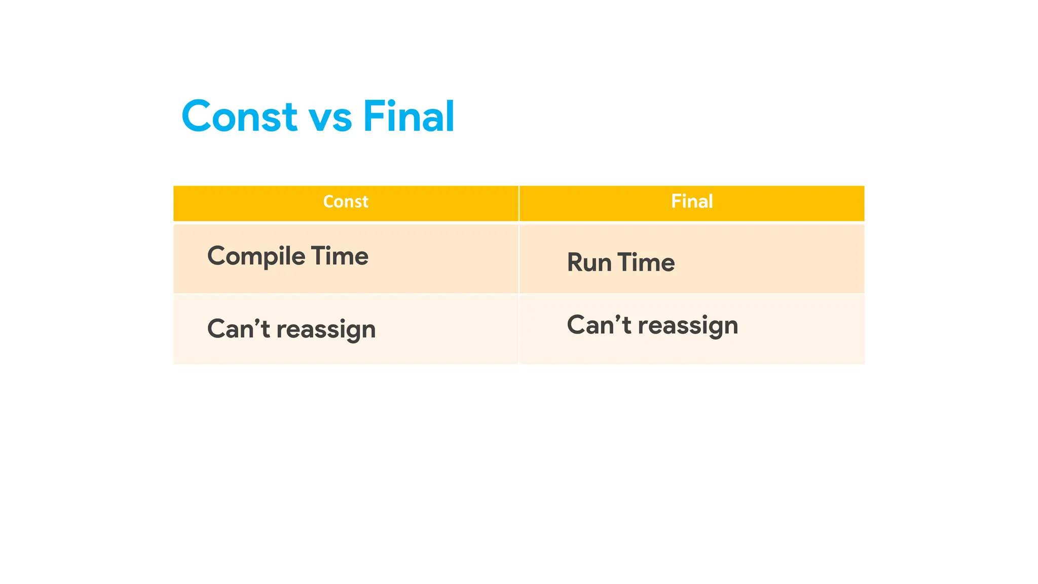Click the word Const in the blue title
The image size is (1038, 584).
(x=239, y=117)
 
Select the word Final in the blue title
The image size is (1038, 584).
(x=409, y=117)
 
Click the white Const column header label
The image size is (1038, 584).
(x=346, y=202)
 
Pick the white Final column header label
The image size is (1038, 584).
(x=692, y=202)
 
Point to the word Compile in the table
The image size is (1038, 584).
(x=256, y=257)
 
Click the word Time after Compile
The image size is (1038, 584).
(x=340, y=255)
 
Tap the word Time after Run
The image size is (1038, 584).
(x=646, y=263)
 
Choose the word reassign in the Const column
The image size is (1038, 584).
(x=326, y=330)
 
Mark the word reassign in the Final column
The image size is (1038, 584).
(x=688, y=326)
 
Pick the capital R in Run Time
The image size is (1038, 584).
(x=575, y=263)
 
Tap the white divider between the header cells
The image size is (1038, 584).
(x=519, y=203)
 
